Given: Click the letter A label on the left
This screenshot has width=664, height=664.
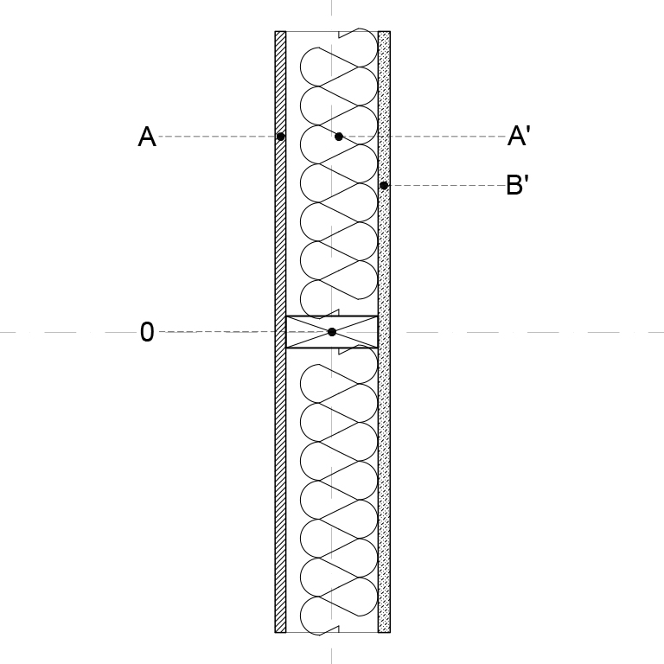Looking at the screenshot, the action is coord(147,137).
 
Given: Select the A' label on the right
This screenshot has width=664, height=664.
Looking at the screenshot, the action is coord(519,136).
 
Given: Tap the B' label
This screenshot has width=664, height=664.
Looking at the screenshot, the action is coord(518,185).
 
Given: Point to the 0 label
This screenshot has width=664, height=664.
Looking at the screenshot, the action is coord(147,332).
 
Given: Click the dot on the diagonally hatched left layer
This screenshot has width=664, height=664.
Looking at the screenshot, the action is coord(280,137).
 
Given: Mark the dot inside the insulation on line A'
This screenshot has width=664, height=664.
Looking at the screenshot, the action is coord(338,137).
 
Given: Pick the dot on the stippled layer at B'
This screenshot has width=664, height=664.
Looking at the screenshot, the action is coord(384,186).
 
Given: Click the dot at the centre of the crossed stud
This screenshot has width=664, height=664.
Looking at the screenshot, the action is coord(332,332).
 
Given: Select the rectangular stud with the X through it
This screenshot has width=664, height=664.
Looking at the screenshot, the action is coord(332,332).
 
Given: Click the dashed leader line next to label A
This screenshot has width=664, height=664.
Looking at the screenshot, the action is coord(217,137).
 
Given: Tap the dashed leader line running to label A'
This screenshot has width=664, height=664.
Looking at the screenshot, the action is coord(425,137).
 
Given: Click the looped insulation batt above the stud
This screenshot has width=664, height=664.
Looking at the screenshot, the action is coord(339,174).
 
